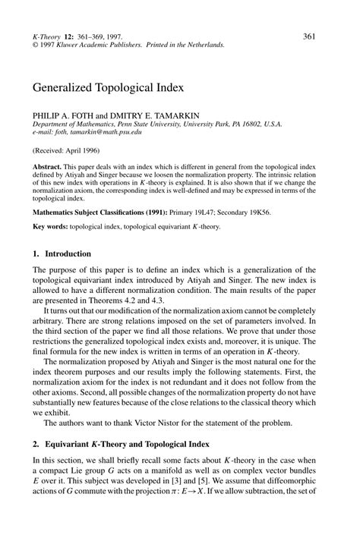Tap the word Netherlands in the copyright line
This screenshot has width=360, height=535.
click(x=204, y=46)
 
